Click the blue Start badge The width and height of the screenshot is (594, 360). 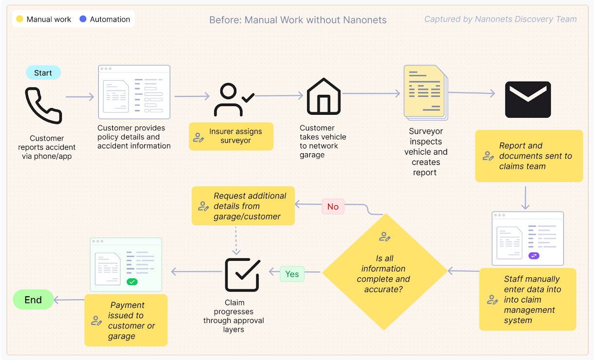[x=43, y=73]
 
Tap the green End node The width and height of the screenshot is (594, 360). [x=33, y=300]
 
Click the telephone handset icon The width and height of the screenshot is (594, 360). [x=43, y=106]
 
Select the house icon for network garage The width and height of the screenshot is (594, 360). [x=323, y=96]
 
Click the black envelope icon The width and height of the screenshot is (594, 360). [x=528, y=99]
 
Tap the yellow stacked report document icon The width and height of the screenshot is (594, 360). [x=425, y=93]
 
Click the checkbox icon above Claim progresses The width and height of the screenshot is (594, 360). [x=242, y=274]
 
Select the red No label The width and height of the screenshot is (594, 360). [x=333, y=207]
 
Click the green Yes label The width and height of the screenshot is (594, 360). [x=292, y=274]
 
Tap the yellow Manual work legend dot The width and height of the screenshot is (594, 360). [x=19, y=19]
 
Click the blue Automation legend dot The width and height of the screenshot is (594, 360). [x=83, y=19]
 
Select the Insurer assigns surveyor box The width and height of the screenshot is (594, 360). [x=231, y=136]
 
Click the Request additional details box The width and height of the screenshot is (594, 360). [x=243, y=206]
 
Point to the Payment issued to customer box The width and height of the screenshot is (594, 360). [x=126, y=320]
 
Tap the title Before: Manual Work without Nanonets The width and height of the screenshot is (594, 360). [x=297, y=20]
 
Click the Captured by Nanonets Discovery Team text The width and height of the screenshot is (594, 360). [x=500, y=19]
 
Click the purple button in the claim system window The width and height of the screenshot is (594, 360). [x=534, y=255]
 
